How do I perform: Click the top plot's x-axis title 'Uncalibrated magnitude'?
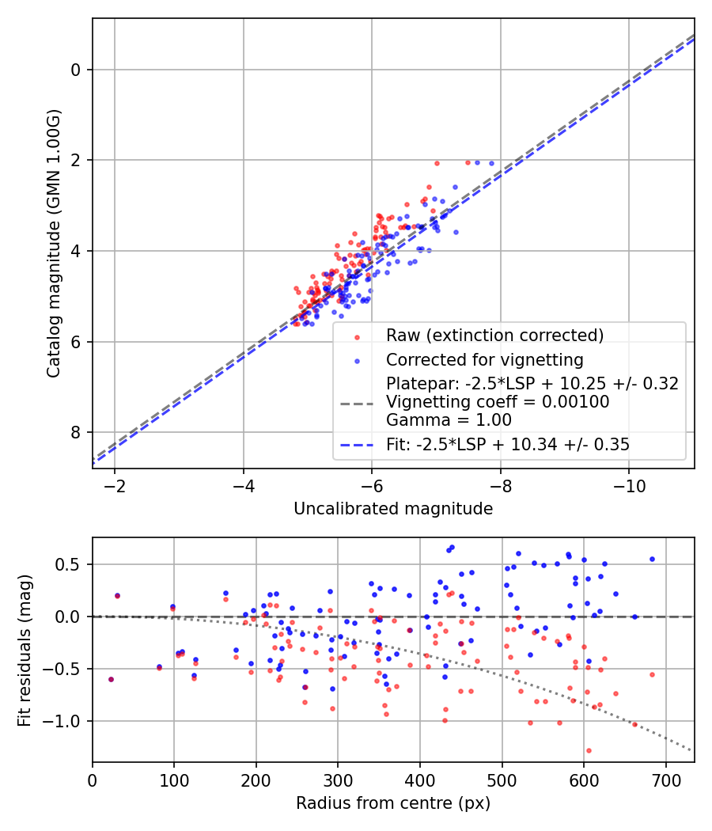click(x=393, y=508)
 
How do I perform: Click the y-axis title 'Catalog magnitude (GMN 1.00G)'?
click(x=53, y=244)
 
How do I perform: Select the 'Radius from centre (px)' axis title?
click(x=393, y=803)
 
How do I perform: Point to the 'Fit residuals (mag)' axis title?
click(x=24, y=649)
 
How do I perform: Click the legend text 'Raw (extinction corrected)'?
click(x=494, y=336)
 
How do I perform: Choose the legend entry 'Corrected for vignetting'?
click(x=484, y=360)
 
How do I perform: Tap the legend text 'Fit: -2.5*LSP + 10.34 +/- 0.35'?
click(x=508, y=445)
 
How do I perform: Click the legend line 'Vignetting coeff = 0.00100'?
click(x=498, y=402)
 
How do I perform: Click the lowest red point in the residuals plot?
click(x=589, y=750)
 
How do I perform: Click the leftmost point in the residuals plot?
click(x=111, y=679)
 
